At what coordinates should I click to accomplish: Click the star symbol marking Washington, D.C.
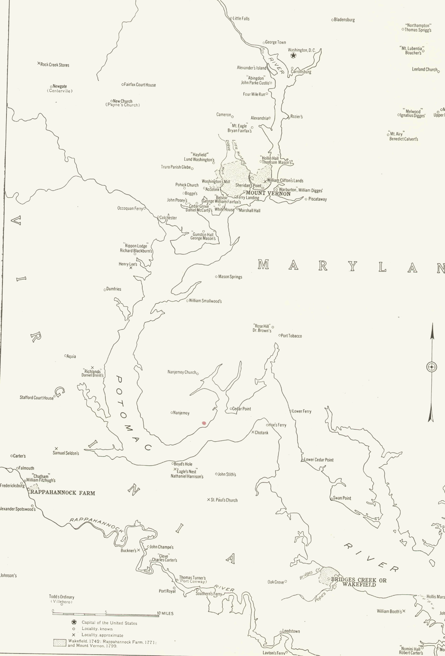click(293, 56)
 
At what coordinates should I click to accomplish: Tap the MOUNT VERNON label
click(268, 194)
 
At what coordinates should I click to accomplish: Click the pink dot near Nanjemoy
click(204, 423)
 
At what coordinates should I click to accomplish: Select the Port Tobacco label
click(291, 336)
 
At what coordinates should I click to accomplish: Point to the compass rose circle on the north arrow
click(432, 367)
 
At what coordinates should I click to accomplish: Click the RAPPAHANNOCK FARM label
click(63, 493)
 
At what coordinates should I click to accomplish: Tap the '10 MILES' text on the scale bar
click(165, 613)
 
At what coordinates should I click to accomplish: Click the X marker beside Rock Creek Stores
click(39, 64)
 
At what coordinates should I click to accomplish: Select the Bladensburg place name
click(344, 20)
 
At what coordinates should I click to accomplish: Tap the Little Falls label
click(241, 19)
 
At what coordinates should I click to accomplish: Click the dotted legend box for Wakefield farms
click(60, 643)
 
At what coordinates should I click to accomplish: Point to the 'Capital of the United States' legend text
click(109, 623)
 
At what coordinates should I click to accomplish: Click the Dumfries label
click(114, 289)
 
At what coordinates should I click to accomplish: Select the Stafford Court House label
click(37, 397)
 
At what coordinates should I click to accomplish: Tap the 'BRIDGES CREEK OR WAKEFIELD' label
click(359, 582)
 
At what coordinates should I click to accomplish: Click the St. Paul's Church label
click(224, 500)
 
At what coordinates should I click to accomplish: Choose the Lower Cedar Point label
click(319, 460)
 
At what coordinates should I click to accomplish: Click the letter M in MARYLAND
click(263, 265)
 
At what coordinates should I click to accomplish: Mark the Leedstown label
click(291, 631)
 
